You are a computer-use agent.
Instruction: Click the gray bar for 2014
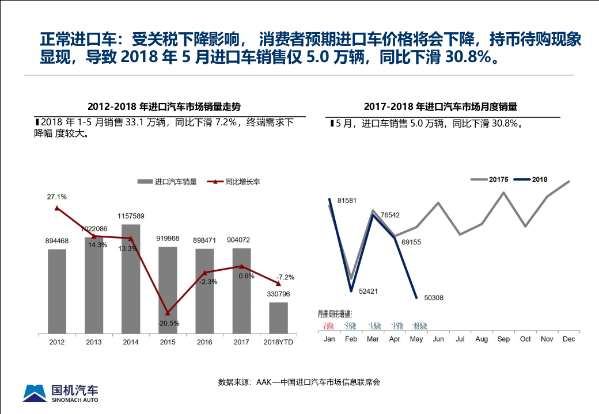point(131,279)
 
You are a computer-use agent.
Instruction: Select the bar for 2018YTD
point(278,318)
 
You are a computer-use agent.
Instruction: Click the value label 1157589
point(131,216)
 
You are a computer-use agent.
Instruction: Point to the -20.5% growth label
point(168,323)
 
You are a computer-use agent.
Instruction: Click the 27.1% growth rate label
point(57,197)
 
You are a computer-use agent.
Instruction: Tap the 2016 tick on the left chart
point(204,342)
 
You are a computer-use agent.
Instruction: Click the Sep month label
point(503,339)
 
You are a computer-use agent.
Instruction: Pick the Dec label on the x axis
point(568,339)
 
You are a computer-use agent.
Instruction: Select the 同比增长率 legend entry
point(235,182)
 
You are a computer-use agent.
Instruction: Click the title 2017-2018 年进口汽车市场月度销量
point(441,106)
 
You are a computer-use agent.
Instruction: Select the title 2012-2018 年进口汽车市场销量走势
point(164,106)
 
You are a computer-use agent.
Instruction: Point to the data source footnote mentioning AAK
point(299,382)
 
